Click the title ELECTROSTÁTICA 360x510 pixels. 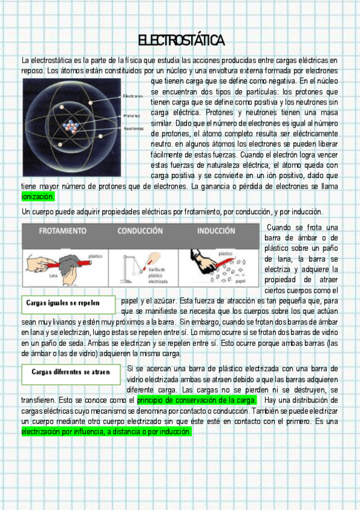(182, 40)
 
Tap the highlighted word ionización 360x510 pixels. (38, 197)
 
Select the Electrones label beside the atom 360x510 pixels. (133, 96)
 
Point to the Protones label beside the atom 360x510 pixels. (132, 116)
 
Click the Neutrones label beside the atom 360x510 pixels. (133, 129)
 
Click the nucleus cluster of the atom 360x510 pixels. (70, 126)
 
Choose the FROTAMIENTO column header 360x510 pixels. (63, 231)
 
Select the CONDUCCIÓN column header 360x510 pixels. (140, 231)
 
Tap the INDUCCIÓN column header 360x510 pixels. (216, 231)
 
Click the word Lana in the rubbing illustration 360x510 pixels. (53, 275)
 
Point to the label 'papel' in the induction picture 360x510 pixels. (240, 281)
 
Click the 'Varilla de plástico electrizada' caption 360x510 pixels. (157, 275)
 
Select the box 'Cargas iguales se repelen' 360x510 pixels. (69, 305)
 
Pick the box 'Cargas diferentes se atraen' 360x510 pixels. (71, 374)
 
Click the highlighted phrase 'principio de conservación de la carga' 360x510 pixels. (197, 400)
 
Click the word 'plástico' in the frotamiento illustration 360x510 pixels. (95, 256)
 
